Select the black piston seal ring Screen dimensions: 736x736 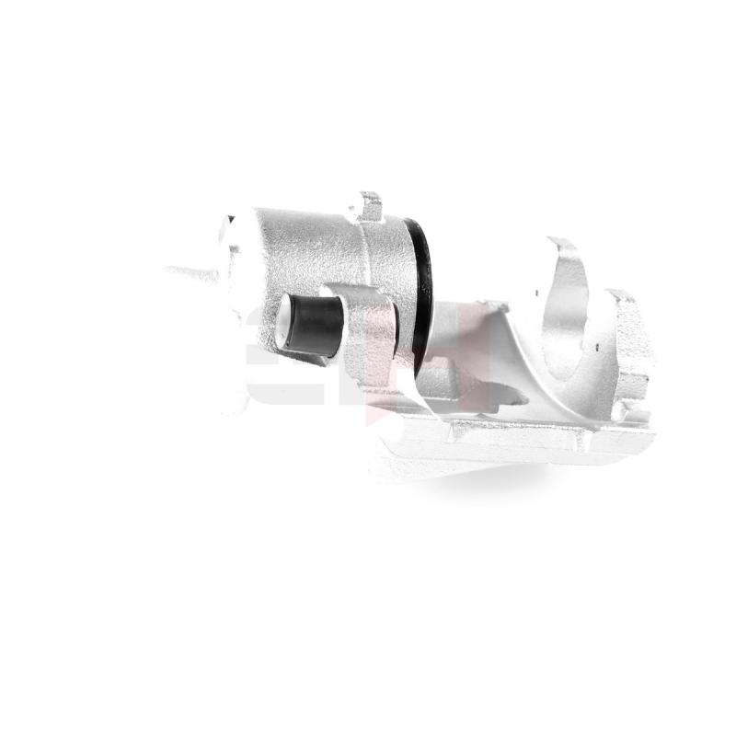point(420,285)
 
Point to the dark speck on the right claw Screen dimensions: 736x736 point(598,348)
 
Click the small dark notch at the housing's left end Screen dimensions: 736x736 point(230,220)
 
